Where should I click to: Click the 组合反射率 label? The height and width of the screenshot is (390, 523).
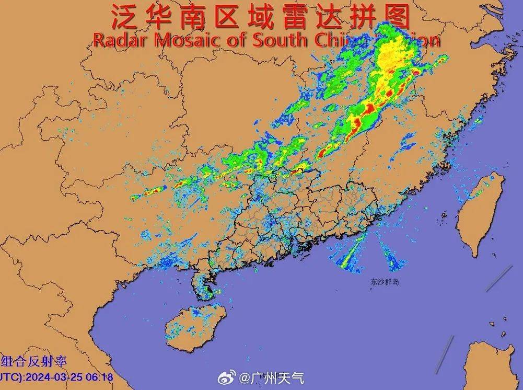(x=34, y=361)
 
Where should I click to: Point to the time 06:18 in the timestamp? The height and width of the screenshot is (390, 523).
(x=99, y=376)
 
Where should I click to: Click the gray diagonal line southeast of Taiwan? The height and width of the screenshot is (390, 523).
(x=498, y=278)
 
